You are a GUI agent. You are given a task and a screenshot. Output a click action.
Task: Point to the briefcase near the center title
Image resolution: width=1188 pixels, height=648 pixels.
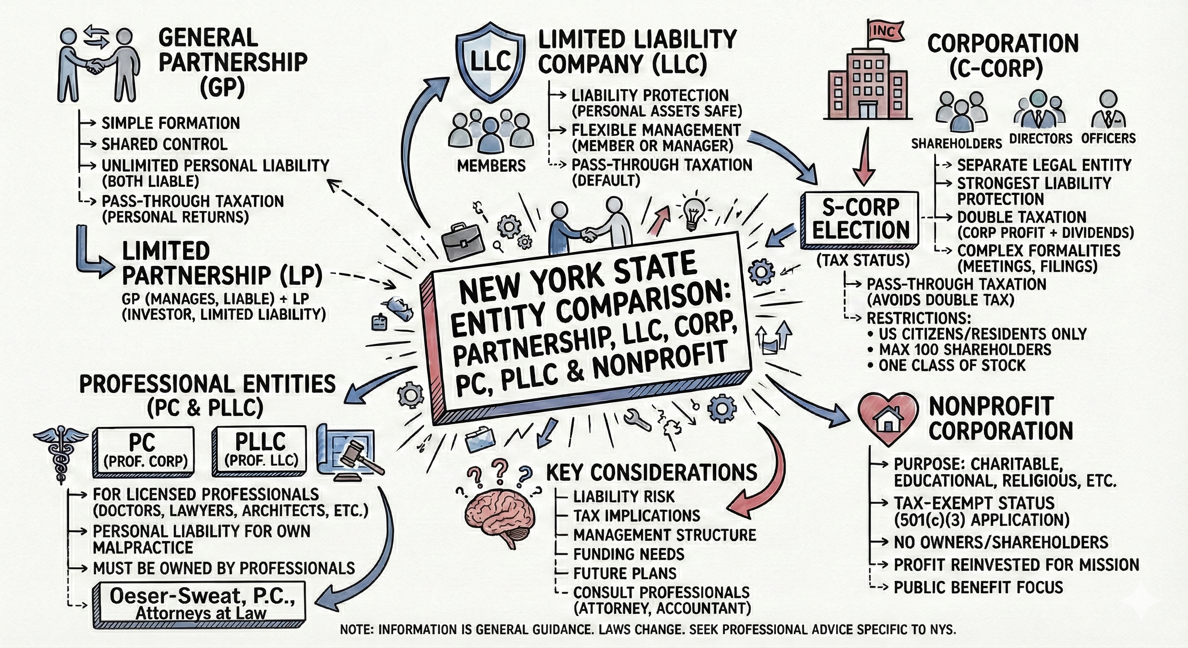pyautogui.click(x=462, y=242)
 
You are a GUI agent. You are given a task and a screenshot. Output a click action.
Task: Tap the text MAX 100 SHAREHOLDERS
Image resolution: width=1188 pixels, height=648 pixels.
pyautogui.click(x=965, y=350)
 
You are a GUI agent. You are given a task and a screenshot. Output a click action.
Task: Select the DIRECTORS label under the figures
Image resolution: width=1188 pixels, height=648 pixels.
pyautogui.click(x=1040, y=139)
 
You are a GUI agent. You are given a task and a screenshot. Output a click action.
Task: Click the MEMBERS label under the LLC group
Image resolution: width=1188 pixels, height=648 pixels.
pyautogui.click(x=491, y=165)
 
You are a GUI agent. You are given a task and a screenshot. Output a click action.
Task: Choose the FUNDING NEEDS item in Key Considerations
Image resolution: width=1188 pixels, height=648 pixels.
pyautogui.click(x=629, y=554)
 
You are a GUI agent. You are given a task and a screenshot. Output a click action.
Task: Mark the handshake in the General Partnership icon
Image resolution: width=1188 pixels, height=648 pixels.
pyautogui.click(x=95, y=67)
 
